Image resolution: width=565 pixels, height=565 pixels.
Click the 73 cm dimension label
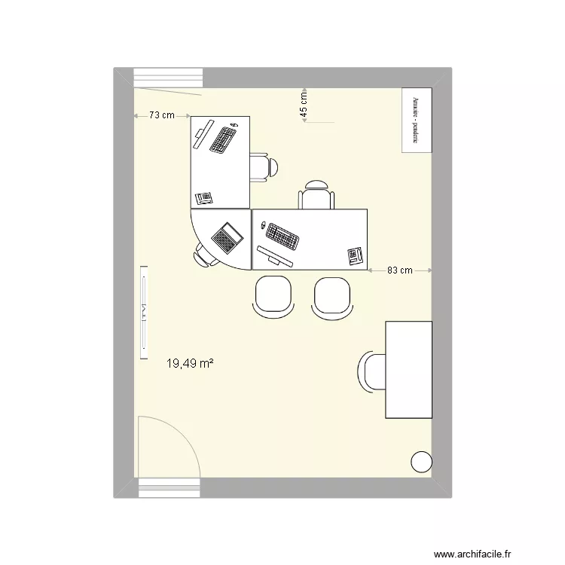point(161,116)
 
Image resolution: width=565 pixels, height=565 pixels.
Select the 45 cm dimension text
point(304,105)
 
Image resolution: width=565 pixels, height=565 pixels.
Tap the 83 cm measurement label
point(400,270)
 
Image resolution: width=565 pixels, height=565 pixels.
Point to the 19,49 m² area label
point(189,364)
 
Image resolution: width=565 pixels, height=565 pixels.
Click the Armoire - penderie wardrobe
point(416,122)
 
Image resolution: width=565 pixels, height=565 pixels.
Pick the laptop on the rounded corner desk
point(227,237)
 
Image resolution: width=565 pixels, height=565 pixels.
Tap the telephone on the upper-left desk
point(204,198)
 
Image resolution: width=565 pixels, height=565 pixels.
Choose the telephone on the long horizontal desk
point(354,256)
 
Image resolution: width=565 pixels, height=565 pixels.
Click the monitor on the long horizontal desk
point(274,256)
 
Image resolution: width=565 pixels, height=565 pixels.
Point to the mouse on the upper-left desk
point(234,124)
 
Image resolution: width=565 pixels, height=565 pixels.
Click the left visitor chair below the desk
point(273,297)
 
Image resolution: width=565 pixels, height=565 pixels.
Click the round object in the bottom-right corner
point(422,462)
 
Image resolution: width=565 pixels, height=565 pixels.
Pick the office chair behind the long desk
point(316,196)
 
